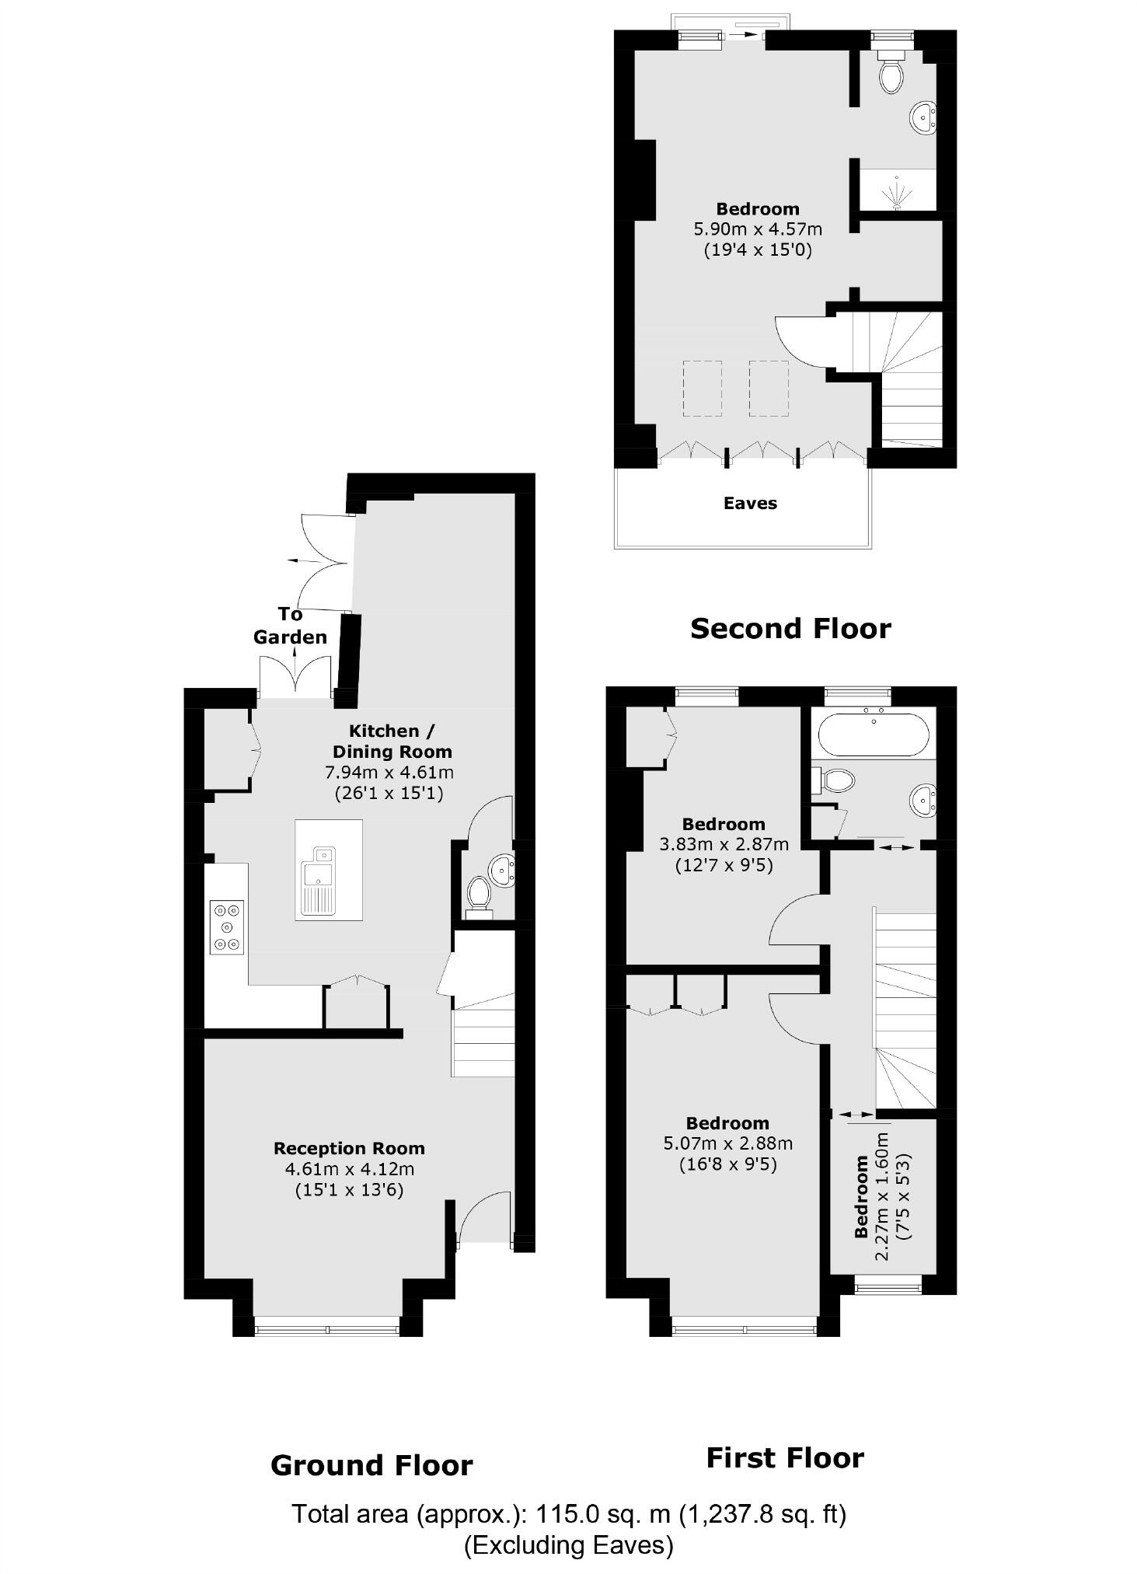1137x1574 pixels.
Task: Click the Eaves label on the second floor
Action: pos(750,503)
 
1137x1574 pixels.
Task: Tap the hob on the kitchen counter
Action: pos(226,927)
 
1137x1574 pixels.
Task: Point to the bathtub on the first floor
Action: pos(874,733)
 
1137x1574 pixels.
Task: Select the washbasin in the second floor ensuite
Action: pos(924,118)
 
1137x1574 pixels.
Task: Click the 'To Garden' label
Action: pos(290,626)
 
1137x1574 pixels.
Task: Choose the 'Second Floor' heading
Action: pos(790,628)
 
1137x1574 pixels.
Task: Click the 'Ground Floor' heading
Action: pos(371,1465)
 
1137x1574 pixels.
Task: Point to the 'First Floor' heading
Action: pos(785,1457)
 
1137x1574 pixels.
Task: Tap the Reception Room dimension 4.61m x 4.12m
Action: pos(350,1169)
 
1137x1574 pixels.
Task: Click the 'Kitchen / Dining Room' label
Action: pos(392,741)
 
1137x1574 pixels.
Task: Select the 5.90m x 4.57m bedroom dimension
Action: pos(758,229)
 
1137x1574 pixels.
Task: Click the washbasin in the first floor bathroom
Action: pos(924,799)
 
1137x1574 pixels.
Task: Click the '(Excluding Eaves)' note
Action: pos(568,1545)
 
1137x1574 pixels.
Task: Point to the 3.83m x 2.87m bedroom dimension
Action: pos(724,844)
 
